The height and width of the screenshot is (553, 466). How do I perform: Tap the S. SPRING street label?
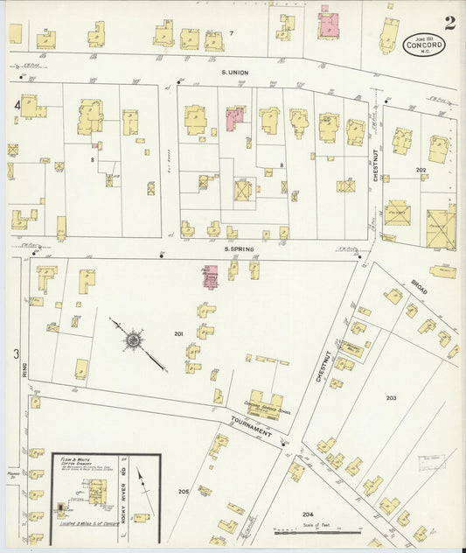pyautogui.click(x=238, y=249)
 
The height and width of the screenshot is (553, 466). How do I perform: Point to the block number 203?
pyautogui.click(x=391, y=397)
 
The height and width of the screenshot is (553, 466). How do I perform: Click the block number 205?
pyautogui.click(x=184, y=492)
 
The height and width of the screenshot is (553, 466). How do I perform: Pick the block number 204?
pyautogui.click(x=307, y=514)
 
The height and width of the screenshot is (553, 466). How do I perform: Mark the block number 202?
pyautogui.click(x=421, y=169)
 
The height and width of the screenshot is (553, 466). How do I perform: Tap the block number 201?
pyautogui.click(x=177, y=333)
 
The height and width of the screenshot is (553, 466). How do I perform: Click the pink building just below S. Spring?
pyautogui.click(x=212, y=276)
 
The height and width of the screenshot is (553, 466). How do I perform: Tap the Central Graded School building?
pyautogui.click(x=267, y=403)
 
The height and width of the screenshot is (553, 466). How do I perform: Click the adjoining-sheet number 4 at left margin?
pyautogui.click(x=17, y=105)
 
